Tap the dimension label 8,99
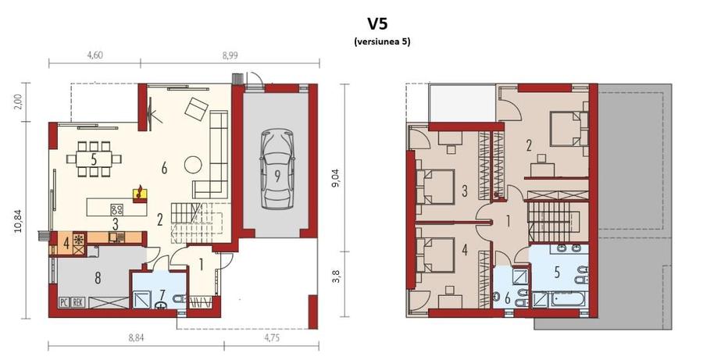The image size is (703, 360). click(230, 55)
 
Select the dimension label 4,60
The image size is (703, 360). click(95, 55)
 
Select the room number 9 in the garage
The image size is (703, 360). click(277, 175)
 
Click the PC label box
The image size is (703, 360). click(64, 302)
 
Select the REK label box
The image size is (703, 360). click(78, 302)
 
